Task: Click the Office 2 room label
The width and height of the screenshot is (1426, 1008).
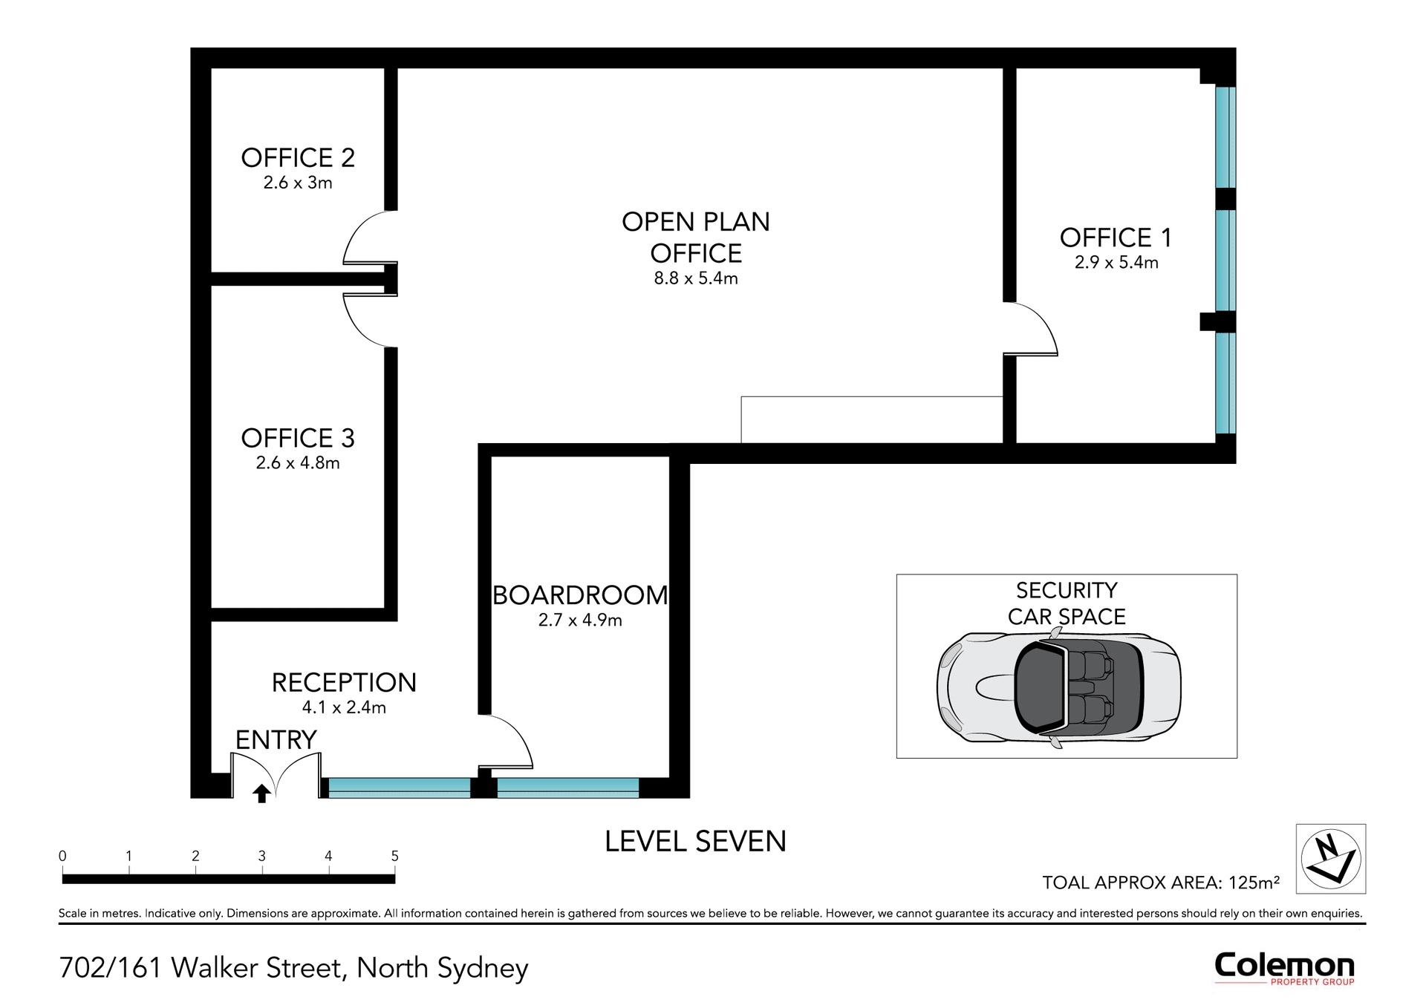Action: tap(298, 157)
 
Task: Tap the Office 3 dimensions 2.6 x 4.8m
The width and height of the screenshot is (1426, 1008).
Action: tap(298, 463)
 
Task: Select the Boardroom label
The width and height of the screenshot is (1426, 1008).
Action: tap(580, 595)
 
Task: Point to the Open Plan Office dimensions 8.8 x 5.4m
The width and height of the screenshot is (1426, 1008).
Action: tap(696, 278)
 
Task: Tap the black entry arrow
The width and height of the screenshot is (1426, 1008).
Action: tap(261, 793)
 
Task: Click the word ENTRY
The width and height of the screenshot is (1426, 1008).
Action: tap(276, 739)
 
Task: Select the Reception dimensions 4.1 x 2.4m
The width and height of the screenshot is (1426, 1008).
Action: tap(344, 707)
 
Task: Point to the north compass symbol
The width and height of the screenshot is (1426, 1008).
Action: tap(1331, 859)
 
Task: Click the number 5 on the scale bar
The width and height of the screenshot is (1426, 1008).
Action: tap(394, 856)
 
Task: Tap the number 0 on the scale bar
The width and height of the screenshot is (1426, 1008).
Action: tap(62, 856)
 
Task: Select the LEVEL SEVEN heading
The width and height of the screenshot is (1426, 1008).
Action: tap(695, 841)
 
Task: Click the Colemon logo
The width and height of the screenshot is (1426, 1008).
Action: tap(1284, 967)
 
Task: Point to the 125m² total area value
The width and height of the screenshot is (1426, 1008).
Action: tap(1254, 882)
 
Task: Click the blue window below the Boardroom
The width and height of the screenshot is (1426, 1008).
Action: tap(567, 788)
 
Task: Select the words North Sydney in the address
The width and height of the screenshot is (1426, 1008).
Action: tap(443, 968)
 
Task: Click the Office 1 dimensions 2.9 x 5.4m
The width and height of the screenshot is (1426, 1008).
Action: tap(1116, 262)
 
